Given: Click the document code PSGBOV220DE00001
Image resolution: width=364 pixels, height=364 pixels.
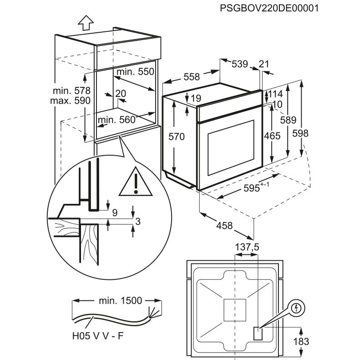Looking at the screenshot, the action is point(269,8).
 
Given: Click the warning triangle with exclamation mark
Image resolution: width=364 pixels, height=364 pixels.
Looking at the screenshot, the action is point(136,181).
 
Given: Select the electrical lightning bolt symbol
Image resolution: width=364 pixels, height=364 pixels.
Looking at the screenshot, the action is point(297,308).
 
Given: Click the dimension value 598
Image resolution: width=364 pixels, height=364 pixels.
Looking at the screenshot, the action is point(300,133).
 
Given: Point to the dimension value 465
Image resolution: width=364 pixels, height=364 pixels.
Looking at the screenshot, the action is point(272,136).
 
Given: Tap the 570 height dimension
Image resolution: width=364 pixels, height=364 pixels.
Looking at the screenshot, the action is point(177,136).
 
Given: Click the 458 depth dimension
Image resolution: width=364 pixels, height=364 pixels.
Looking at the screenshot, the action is point(224,225).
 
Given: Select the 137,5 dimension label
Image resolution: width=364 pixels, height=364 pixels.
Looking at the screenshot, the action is point(247,247).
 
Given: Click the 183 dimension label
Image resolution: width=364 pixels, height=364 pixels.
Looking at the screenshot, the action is point(301,342).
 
